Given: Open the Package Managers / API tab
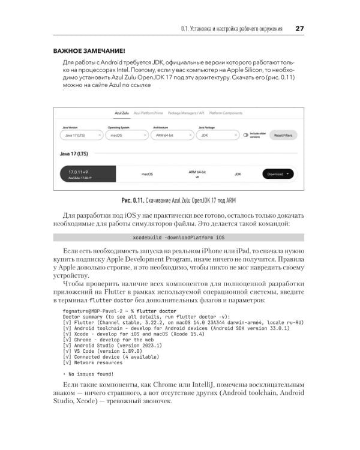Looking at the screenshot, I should [x=187, y=113].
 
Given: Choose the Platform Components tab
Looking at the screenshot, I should [x=226, y=113].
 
